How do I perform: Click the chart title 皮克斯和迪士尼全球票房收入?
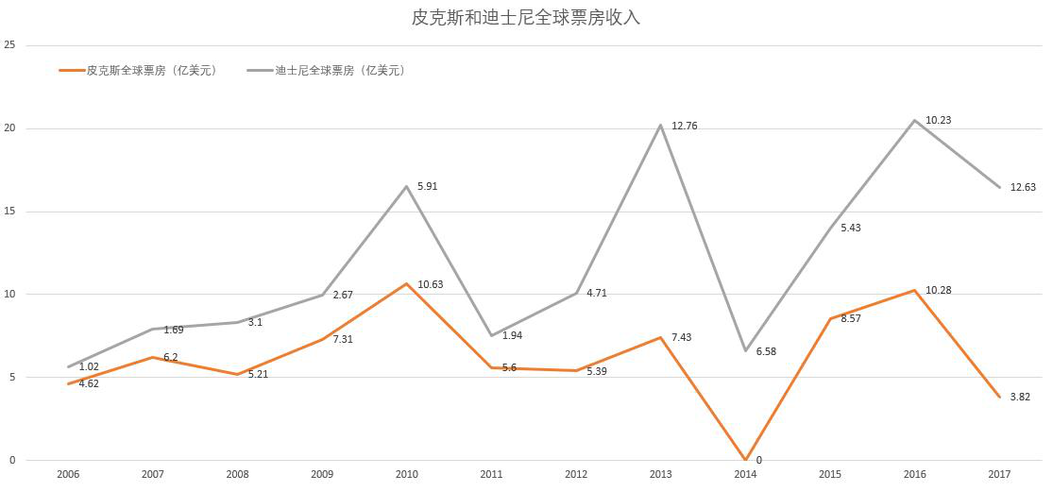tap(526, 17)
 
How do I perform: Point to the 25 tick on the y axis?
tap(10, 45)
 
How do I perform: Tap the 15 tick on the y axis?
tap(10, 212)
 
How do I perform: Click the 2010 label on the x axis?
tap(407, 474)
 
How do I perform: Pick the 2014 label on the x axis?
tap(746, 474)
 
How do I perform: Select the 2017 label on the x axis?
tap(1000, 474)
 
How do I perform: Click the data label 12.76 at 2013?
tap(685, 126)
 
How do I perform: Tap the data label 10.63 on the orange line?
tap(430, 284)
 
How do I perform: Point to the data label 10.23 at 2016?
tap(939, 120)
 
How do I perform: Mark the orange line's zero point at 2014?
tap(746, 460)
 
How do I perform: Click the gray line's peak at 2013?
tap(661, 125)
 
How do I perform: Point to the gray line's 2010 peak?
tap(407, 186)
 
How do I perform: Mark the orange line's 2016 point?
tap(915, 290)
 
